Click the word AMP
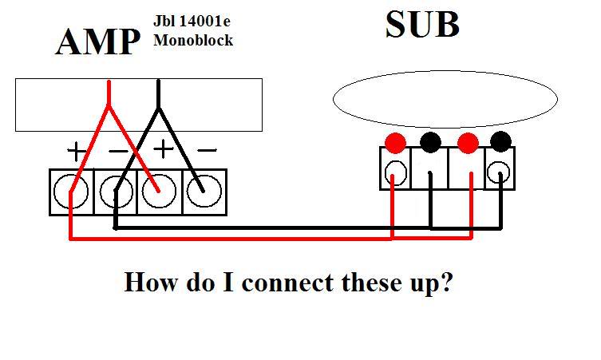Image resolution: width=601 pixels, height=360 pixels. point(98,42)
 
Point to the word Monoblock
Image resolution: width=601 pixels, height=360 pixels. point(193,40)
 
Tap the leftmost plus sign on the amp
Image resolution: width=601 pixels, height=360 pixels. point(76,150)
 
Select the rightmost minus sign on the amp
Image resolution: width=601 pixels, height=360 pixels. point(206,150)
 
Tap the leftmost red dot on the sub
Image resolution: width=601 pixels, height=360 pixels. point(395,144)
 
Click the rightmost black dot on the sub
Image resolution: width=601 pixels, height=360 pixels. point(500,143)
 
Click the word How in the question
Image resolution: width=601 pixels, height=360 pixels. point(151,283)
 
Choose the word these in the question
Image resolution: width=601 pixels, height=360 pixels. point(363,283)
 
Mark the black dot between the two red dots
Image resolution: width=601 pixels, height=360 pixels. point(430,143)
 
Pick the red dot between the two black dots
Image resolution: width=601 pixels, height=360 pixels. point(468,144)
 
